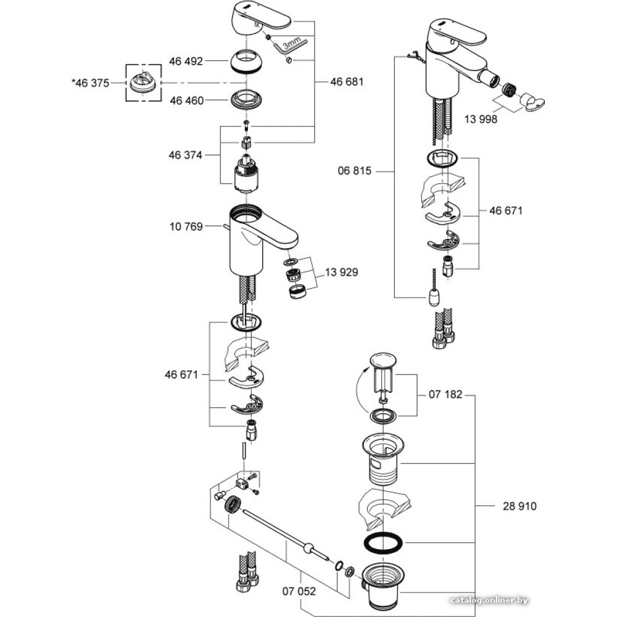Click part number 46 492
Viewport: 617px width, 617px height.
186,61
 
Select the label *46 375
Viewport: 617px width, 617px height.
90,82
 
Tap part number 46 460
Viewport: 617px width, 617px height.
186,100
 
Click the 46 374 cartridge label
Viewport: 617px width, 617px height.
186,155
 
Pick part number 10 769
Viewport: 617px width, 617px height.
186,227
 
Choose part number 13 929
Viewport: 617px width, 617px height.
340,271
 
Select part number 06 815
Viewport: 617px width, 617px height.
355,171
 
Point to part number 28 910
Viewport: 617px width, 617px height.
520,506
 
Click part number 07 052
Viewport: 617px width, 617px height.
299,590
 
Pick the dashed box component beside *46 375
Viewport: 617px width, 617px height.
143,83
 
